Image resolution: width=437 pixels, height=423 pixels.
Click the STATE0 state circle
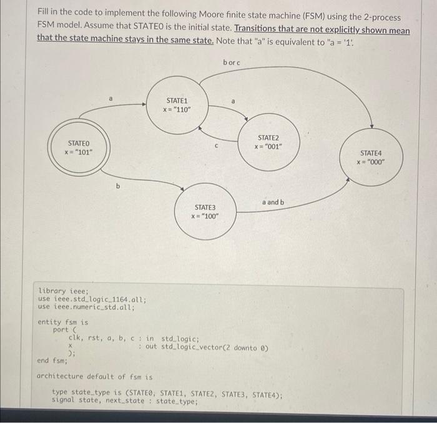tap(79, 147)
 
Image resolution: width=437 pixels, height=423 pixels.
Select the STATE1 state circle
tap(177, 105)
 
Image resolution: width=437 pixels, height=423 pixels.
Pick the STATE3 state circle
tap(205, 211)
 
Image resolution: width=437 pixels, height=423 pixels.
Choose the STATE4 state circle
tap(371, 157)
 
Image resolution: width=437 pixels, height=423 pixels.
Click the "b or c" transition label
tap(231, 62)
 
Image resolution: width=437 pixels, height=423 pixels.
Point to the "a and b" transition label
tap(273, 202)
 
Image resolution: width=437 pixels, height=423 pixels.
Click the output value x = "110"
tap(177, 110)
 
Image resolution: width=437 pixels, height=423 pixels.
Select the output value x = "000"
tap(371, 162)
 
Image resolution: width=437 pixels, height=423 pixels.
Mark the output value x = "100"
tap(205, 216)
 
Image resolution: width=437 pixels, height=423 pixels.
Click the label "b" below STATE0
tap(117, 186)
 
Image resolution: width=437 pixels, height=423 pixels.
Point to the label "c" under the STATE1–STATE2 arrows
tap(216, 147)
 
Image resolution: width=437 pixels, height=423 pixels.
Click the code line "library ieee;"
tap(64, 291)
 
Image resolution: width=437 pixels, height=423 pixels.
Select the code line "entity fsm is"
tap(63, 322)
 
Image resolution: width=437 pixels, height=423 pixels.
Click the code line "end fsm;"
tap(52, 361)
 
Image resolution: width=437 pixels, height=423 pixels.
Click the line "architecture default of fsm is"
tap(95, 376)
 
